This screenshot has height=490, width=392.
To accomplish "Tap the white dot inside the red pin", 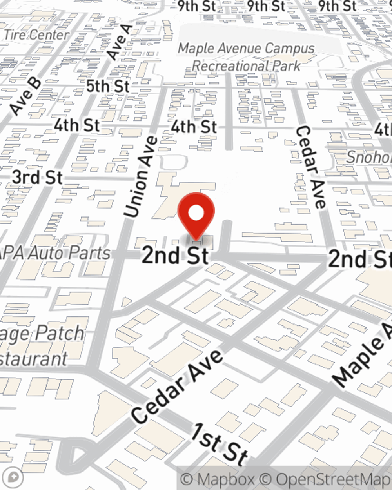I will click(x=196, y=213).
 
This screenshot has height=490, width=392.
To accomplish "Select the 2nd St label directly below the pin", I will click(x=175, y=255).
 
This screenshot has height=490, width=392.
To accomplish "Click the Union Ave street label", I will click(x=141, y=176).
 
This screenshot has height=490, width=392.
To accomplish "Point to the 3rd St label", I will click(x=37, y=177).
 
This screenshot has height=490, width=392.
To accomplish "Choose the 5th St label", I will click(x=107, y=86).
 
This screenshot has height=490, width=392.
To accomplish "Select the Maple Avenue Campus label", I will click(x=246, y=49).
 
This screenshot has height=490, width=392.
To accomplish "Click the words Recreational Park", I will click(x=246, y=66).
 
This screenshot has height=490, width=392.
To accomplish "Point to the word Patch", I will click(x=59, y=333).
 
